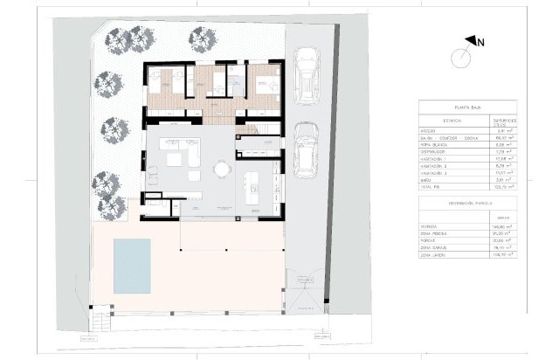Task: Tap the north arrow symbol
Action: pyautogui.click(x=473, y=40)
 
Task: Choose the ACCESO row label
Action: pyautogui.click(x=431, y=130)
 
